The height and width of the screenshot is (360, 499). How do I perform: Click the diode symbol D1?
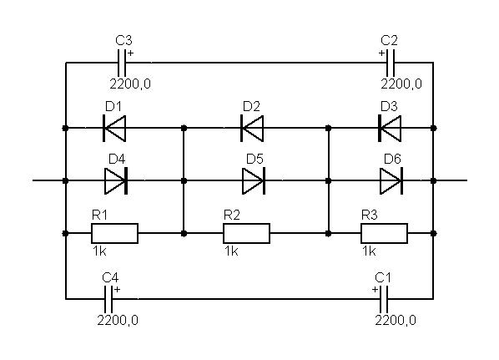point(114,128)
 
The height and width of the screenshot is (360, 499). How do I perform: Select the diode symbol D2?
point(252,128)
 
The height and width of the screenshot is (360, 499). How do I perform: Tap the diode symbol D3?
point(390,128)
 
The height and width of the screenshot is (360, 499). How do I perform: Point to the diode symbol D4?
point(116,180)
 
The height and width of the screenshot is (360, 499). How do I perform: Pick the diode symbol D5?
point(254,180)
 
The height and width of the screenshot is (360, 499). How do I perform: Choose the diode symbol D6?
point(391,180)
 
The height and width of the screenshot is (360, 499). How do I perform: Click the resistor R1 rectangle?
point(114,234)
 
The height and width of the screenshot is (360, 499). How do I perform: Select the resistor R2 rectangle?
point(247,234)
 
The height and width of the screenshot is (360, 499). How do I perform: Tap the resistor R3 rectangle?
point(384,234)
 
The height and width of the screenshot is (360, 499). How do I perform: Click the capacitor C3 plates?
point(122,63)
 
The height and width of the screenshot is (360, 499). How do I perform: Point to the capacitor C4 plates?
point(108,299)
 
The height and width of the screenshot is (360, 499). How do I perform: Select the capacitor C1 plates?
point(384,299)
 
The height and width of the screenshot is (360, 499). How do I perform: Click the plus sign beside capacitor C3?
point(130,53)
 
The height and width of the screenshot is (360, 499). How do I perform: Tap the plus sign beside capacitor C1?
point(376,290)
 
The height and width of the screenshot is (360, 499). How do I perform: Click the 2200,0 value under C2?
point(401,84)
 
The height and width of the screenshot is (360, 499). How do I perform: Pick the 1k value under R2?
point(231,251)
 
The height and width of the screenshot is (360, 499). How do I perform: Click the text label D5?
point(255,159)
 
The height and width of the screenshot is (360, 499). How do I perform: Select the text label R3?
point(370,215)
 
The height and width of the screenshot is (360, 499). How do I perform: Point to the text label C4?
point(110,278)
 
